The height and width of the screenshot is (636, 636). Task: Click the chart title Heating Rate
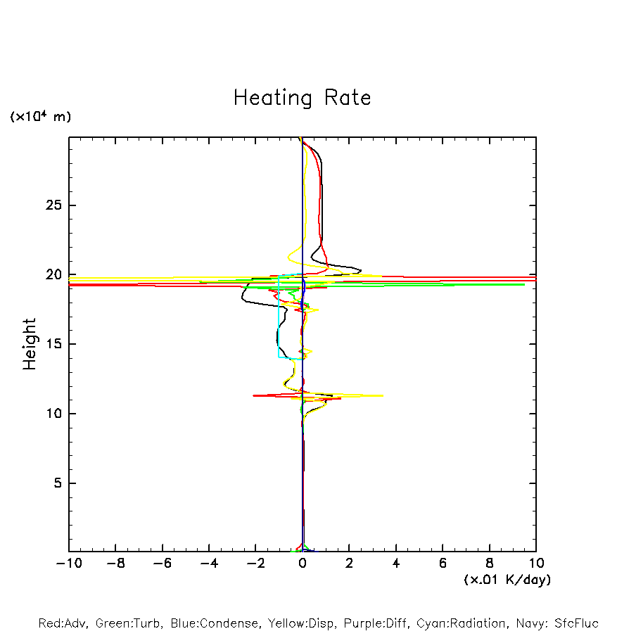[302, 98]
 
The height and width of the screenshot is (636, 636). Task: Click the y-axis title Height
[30, 344]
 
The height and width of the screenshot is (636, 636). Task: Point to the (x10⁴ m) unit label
[40, 117]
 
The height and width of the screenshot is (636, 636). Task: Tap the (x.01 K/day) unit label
[507, 580]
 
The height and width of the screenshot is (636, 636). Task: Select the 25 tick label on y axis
[53, 205]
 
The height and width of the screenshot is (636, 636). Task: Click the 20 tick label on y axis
[53, 274]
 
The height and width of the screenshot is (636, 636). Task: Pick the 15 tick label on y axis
[53, 344]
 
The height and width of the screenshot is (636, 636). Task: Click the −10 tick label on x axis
[69, 564]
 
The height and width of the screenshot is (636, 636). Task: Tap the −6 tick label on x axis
[163, 564]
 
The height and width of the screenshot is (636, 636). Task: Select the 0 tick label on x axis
[303, 564]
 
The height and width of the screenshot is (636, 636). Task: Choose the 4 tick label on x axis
[396, 564]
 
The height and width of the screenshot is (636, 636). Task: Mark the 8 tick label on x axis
[490, 564]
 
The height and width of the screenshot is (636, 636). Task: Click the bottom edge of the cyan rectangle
[290, 357]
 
